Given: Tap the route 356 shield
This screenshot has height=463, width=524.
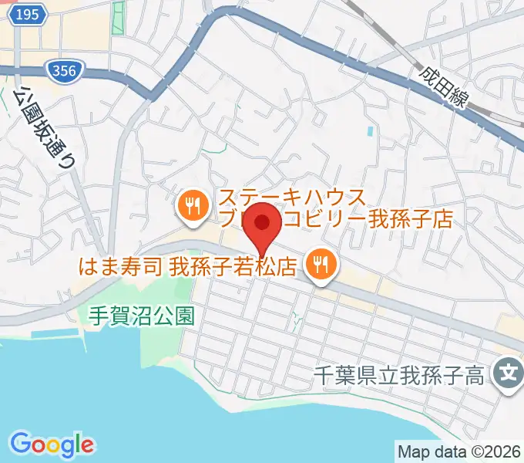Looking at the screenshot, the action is [x=64, y=71].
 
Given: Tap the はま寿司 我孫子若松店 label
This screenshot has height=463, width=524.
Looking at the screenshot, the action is [x=188, y=268].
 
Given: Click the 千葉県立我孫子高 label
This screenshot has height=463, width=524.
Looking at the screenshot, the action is [x=399, y=377].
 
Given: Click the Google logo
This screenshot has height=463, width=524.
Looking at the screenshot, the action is [x=52, y=444].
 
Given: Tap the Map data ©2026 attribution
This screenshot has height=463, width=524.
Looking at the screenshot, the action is [x=458, y=451].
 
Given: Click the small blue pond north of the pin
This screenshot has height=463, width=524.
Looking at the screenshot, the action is [x=371, y=131].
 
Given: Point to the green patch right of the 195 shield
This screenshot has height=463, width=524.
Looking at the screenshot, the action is [x=117, y=18].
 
